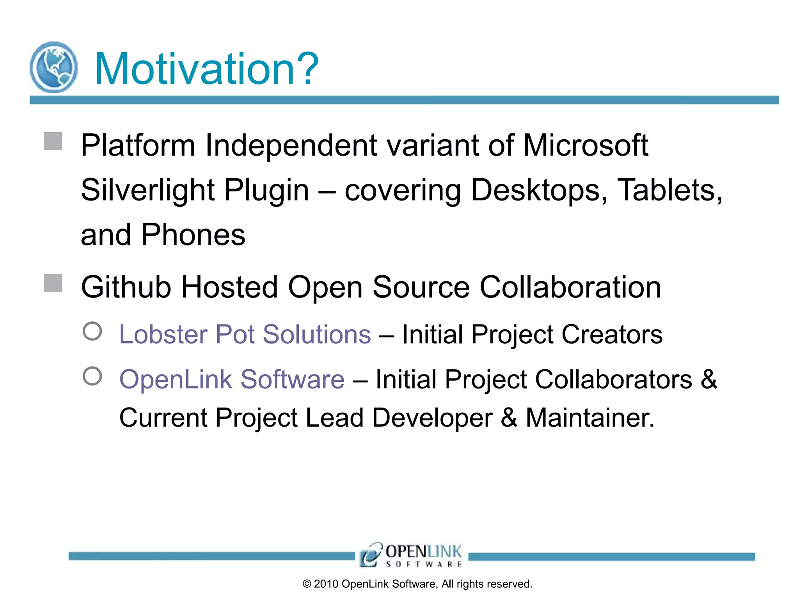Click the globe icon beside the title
(x=53, y=67)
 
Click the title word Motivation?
(x=206, y=69)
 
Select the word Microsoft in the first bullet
(x=585, y=145)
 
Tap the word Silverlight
(x=148, y=190)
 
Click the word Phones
(x=193, y=235)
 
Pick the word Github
(x=126, y=287)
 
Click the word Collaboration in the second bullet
(x=570, y=287)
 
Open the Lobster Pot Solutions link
(x=245, y=335)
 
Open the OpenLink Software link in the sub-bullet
(x=232, y=379)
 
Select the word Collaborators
(x=613, y=379)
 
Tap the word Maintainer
(x=589, y=418)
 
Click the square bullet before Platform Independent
(x=53, y=141)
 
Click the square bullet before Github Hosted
(x=53, y=283)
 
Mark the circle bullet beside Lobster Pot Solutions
(x=92, y=331)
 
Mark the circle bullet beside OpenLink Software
(x=92, y=376)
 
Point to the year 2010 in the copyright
(x=326, y=584)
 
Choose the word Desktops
(x=539, y=190)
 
